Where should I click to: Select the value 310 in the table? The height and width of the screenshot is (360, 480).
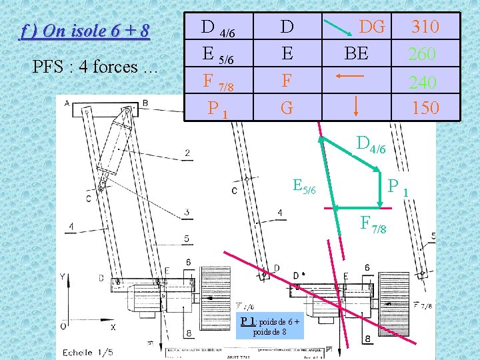pyautogui.click(x=425, y=27)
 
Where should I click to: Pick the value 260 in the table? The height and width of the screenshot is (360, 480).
pyautogui.click(x=423, y=53)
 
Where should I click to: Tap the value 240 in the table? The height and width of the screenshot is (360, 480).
pyautogui.click(x=423, y=82)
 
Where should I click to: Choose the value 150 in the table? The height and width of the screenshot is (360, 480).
pyautogui.click(x=425, y=107)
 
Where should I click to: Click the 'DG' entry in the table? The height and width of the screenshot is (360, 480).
pyautogui.click(x=372, y=27)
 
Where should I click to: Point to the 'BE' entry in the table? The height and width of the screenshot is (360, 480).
pyautogui.click(x=356, y=53)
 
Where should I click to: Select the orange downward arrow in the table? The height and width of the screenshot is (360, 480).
pyautogui.click(x=355, y=105)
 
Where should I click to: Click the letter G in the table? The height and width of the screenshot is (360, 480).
pyautogui.click(x=287, y=107)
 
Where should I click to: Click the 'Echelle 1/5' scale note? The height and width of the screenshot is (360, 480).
pyautogui.click(x=88, y=352)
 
